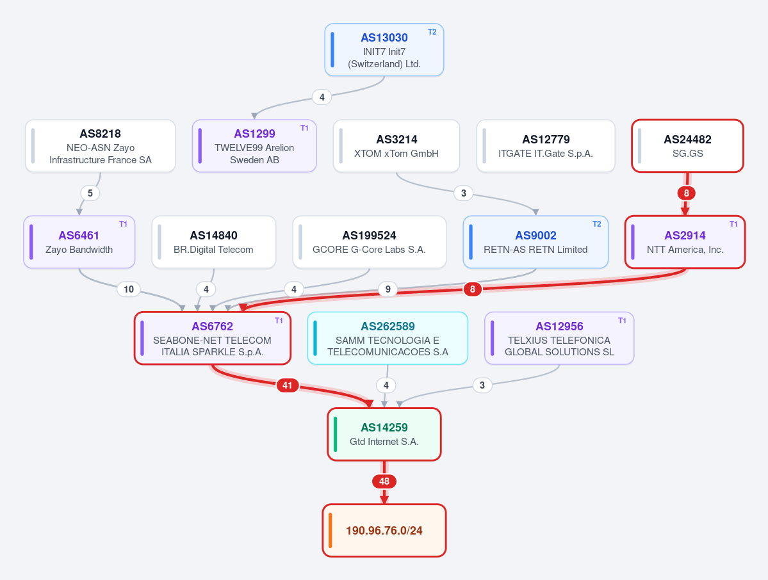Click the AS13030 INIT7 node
pos(384,50)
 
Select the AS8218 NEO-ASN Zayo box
pos(101,146)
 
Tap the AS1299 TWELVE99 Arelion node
pos(254,146)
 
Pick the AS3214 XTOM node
pos(396,146)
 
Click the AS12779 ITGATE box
pos(546,146)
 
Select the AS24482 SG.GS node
pos(687,146)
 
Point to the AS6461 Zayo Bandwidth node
pos(79,242)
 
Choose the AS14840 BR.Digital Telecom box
pos(213,242)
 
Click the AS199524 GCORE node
pos(370,242)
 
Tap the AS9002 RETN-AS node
pos(535,242)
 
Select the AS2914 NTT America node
pos(685,242)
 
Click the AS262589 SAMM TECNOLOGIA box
pos(388,338)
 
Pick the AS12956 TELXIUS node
pos(559,338)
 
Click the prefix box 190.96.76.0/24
pos(384,531)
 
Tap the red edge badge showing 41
pos(288,385)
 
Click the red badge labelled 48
pos(384,481)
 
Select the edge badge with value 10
pos(129,289)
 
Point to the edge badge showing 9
pos(388,289)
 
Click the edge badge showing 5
pos(90,193)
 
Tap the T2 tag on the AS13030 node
pos(432,32)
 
